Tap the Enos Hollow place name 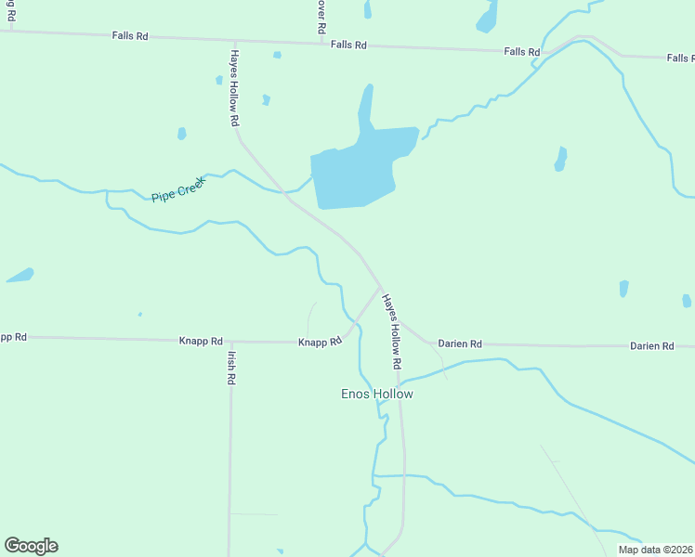coord(376,395)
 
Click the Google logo coord(31,546)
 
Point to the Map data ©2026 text coord(654,550)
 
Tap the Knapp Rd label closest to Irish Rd coord(201,342)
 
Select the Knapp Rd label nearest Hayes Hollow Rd coord(320,343)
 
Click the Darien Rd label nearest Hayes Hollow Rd coord(460,343)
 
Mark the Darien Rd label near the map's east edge coord(651,345)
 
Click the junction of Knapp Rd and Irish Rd coord(229,342)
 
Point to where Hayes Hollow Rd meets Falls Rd coord(234,41)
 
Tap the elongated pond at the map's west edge coord(20,275)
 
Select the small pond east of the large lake coord(560,159)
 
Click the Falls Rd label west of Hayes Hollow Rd coord(129,36)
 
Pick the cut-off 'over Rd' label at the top coord(321,16)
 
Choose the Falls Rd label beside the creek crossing coord(521,52)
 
